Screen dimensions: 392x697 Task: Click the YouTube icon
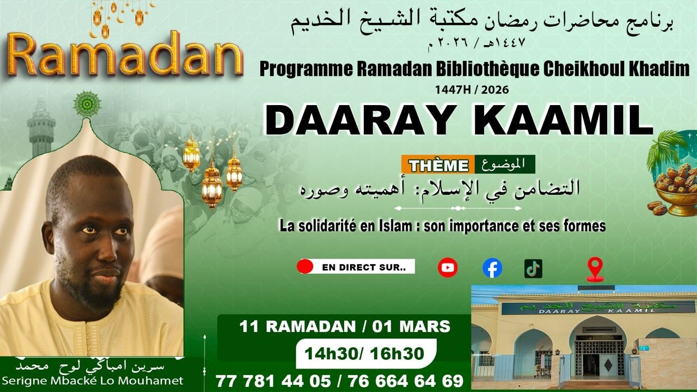[x=448, y=267]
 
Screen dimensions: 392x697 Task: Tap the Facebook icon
[x=492, y=268]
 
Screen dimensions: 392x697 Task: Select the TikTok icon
[x=533, y=268]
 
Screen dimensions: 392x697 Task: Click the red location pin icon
[x=595, y=268]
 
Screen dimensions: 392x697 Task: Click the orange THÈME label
[x=438, y=165]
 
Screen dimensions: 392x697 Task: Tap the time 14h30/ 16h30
[x=364, y=353]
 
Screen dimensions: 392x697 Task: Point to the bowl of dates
[x=675, y=188]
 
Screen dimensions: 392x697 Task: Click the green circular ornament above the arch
[x=87, y=103]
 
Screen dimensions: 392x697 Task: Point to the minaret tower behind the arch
[x=41, y=128]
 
